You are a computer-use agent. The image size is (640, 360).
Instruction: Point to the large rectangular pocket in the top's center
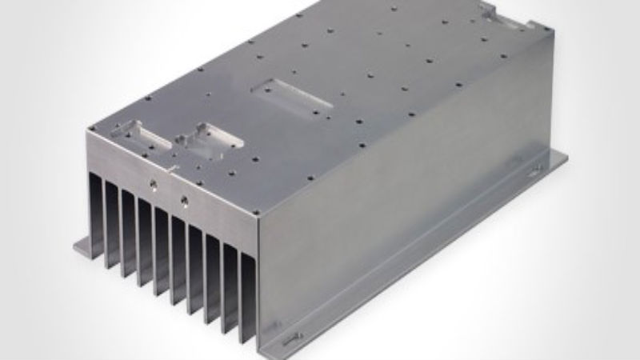(290, 94)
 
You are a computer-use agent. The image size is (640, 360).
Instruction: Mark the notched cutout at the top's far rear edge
(497, 14)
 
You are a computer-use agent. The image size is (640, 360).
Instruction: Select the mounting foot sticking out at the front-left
(85, 245)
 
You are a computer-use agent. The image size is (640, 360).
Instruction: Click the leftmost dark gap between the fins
(96, 216)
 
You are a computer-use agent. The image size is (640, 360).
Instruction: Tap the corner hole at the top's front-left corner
(93, 128)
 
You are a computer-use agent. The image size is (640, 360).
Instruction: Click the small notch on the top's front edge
(173, 168)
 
